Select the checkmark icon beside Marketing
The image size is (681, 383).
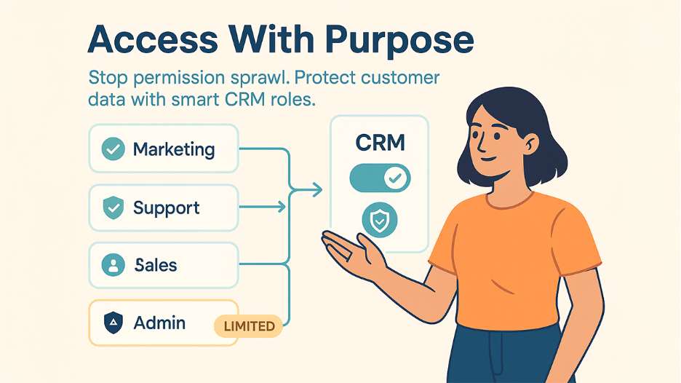click(x=113, y=149)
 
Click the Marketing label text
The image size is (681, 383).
click(x=174, y=149)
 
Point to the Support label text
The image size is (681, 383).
click(x=166, y=209)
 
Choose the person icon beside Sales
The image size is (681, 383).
click(x=113, y=265)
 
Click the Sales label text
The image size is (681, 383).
click(x=156, y=265)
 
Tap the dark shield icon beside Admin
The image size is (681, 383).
click(x=113, y=323)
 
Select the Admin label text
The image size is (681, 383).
click(x=159, y=323)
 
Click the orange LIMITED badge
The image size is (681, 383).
click(x=248, y=326)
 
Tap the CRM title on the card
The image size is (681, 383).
click(x=379, y=143)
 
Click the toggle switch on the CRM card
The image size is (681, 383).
click(x=380, y=178)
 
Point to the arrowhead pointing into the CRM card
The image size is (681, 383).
click(x=316, y=191)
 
